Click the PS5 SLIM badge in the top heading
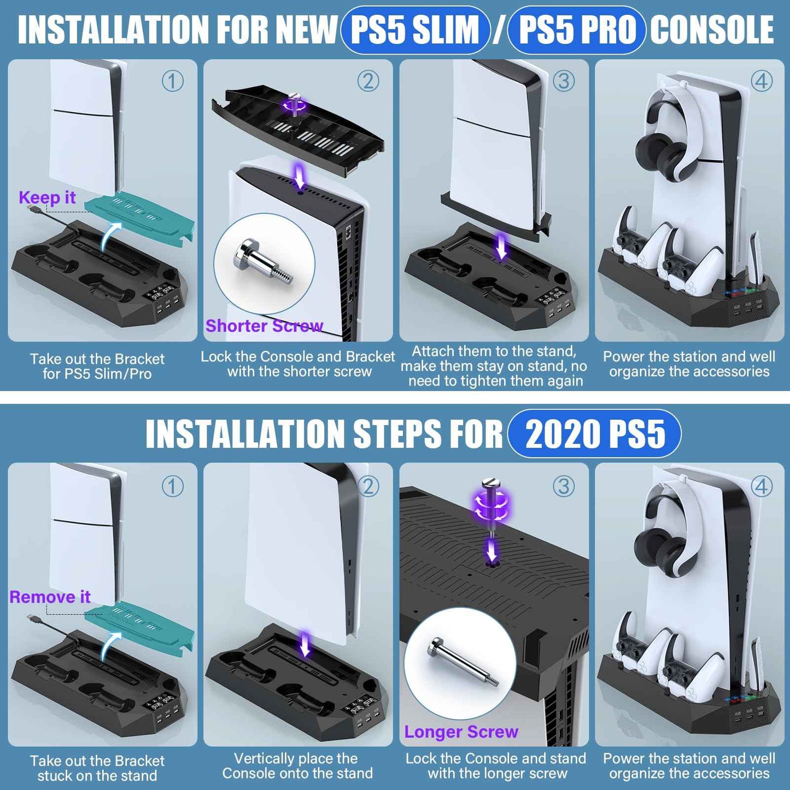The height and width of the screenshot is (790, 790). click(x=414, y=30)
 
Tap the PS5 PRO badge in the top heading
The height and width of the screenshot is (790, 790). click(x=577, y=30)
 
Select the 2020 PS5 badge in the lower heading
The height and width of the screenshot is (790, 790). click(x=594, y=434)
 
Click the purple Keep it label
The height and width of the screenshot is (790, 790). click(x=47, y=197)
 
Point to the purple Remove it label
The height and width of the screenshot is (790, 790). click(x=50, y=596)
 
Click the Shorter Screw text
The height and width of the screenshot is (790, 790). click(x=264, y=326)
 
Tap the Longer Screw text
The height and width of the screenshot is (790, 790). click(x=461, y=732)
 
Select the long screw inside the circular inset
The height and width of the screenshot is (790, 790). click(x=463, y=662)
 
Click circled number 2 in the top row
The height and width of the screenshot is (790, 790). click(x=368, y=81)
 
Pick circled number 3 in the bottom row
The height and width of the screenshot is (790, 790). click(x=564, y=485)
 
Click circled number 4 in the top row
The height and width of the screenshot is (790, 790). click(x=762, y=81)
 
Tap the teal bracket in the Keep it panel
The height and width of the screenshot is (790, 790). click(x=139, y=219)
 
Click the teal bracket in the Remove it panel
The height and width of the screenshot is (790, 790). click(x=139, y=623)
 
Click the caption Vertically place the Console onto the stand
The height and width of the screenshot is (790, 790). click(x=297, y=766)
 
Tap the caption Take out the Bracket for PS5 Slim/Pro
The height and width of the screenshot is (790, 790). click(x=97, y=366)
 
